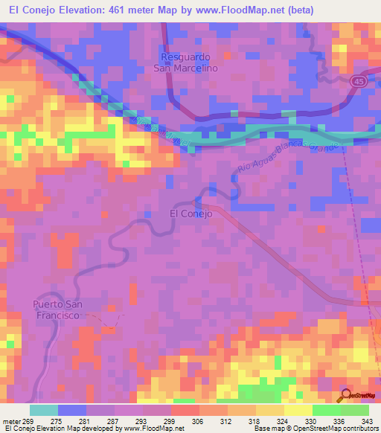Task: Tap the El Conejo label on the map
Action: [191, 214]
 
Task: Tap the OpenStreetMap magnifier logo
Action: [346, 394]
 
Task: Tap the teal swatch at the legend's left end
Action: [43, 410]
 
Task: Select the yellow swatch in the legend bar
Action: [298, 410]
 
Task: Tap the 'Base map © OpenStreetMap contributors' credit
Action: [314, 428]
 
